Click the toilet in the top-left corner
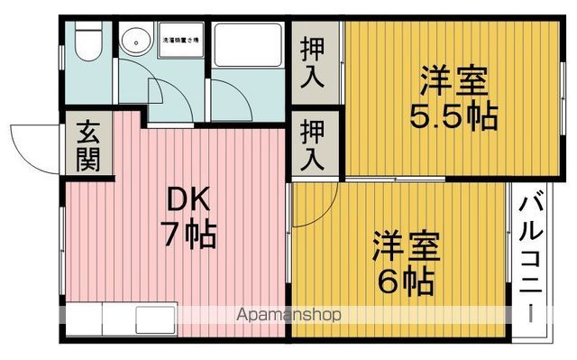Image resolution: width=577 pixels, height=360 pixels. [87, 42]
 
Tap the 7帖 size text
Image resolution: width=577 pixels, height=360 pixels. [188, 235]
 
